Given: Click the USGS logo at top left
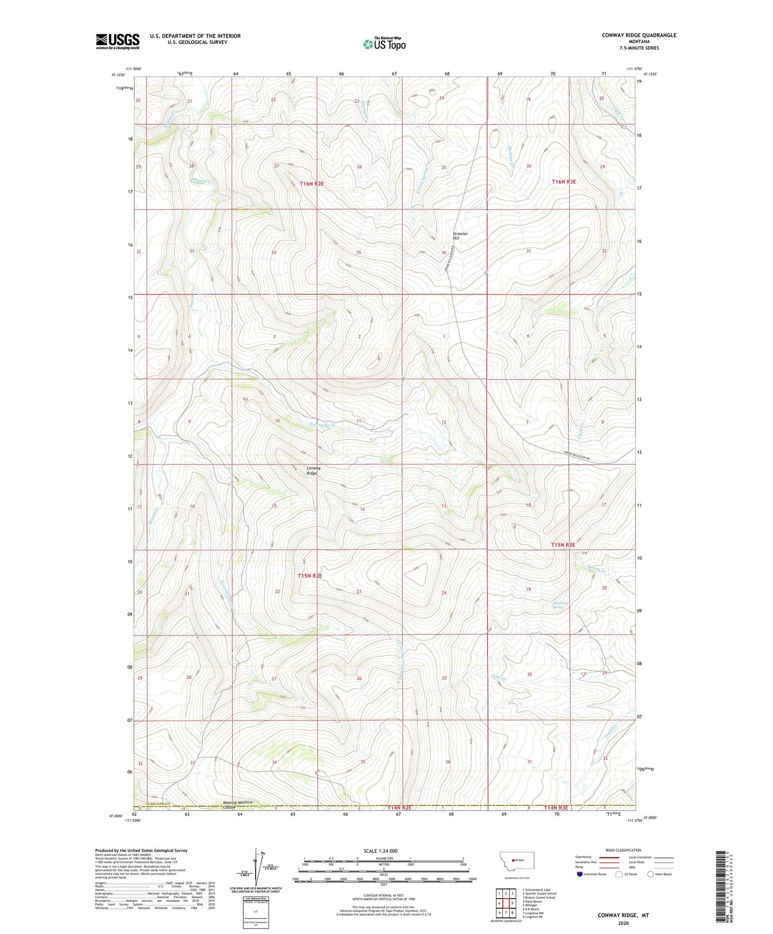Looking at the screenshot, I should (118, 41).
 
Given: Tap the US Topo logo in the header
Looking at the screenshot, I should (384, 44).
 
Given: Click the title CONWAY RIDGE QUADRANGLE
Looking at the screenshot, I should (639, 35).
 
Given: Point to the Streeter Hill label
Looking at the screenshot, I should (460, 236).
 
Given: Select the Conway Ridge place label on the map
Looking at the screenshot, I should (313, 471).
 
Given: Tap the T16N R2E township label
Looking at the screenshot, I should (311, 183).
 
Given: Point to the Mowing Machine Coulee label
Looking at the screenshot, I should (238, 805).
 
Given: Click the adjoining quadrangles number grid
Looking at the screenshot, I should (506, 903).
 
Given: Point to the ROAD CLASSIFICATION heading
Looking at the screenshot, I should (623, 850).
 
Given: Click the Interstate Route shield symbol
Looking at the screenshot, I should (580, 874).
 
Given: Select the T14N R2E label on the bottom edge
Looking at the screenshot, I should (399, 808).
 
